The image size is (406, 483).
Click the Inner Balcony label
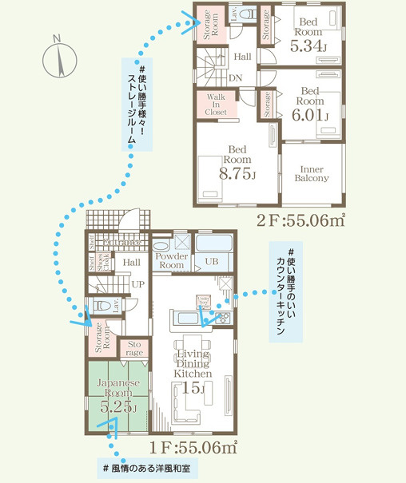coord(312,173)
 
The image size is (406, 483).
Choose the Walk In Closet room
coord(216,105)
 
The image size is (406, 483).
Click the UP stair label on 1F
coord(137,284)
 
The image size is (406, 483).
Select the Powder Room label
coord(172,260)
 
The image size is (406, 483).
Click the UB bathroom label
coord(213,261)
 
